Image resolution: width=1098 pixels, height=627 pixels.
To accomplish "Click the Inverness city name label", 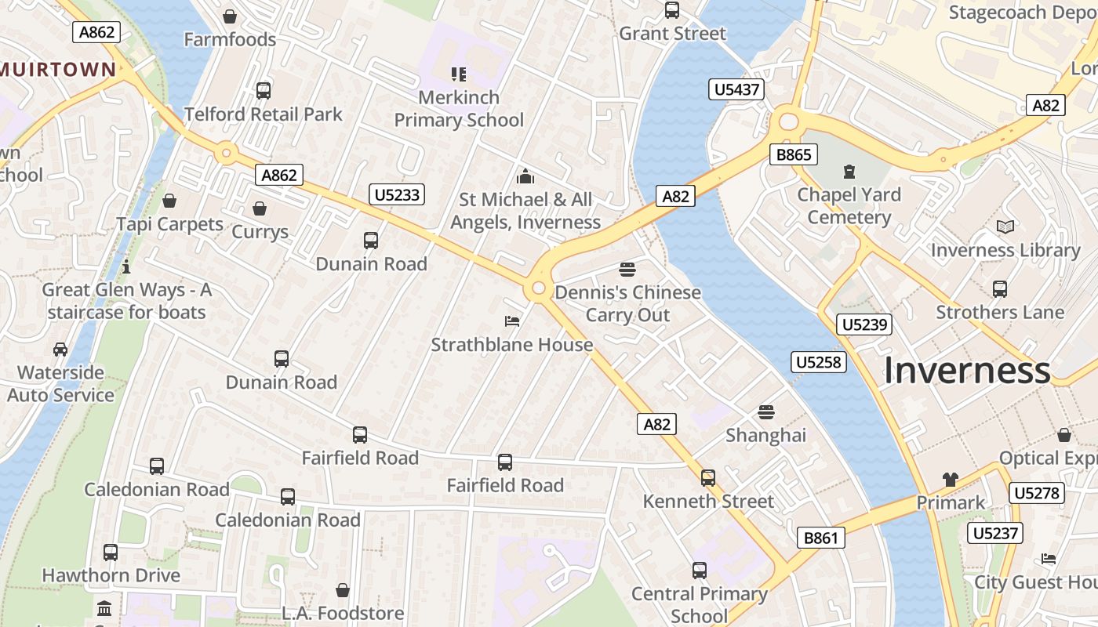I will (x=966, y=371).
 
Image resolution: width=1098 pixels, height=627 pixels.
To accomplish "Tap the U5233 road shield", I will (x=397, y=194).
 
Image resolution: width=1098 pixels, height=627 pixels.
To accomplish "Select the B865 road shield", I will (x=793, y=154).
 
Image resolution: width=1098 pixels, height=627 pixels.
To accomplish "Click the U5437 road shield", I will (x=737, y=89).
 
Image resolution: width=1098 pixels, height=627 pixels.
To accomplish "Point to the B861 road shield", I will (x=821, y=538).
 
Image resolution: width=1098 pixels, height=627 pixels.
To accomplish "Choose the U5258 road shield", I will (x=818, y=361).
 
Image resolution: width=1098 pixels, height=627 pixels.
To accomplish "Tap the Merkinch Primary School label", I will (x=459, y=109).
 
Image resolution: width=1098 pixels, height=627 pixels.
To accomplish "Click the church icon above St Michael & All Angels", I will (x=525, y=176).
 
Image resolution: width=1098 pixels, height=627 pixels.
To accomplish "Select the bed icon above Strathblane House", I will (x=511, y=321).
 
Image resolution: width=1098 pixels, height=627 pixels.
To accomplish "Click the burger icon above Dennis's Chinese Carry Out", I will (x=627, y=270).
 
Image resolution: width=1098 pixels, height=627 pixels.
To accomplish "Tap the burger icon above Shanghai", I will (x=765, y=412).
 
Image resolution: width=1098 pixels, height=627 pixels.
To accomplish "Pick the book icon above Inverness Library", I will (x=1005, y=227).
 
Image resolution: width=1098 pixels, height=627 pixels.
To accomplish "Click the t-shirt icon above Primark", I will (x=950, y=480).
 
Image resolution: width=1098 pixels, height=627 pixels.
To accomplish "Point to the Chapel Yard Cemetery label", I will (x=849, y=206).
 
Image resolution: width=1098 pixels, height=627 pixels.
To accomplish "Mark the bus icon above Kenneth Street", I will (x=708, y=478).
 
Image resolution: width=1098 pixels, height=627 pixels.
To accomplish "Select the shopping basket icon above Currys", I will (x=260, y=208).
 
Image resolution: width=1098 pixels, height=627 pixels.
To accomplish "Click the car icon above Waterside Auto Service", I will (x=60, y=349).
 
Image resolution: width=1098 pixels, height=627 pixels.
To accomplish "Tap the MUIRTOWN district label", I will (x=58, y=69).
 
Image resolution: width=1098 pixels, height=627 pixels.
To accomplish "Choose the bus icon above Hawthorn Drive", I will (x=111, y=553).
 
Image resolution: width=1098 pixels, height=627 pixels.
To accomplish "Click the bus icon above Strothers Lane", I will (x=999, y=289).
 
